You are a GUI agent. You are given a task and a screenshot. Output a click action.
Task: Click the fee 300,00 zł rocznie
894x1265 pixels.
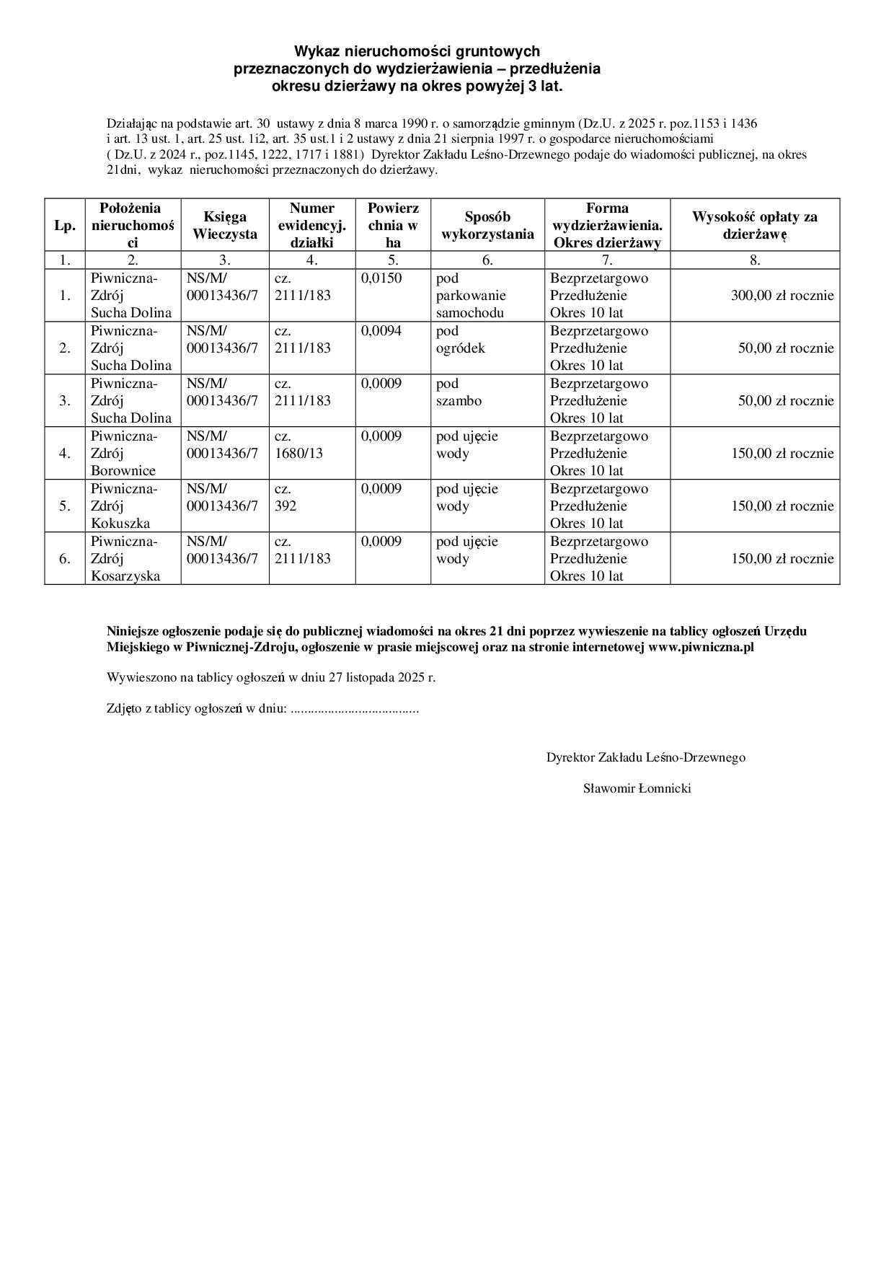tap(782, 296)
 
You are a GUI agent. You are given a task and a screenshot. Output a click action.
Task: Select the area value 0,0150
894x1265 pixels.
tap(381, 278)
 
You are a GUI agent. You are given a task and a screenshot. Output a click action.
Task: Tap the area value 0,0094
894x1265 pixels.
tap(381, 331)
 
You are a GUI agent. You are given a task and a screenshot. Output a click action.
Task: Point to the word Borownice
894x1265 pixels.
tap(123, 471)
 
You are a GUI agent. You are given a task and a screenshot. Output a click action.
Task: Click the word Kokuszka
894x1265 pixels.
tap(120, 524)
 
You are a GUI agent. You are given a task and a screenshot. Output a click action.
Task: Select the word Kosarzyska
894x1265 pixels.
tap(125, 576)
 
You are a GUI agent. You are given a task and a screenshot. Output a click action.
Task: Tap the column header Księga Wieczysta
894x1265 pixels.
tap(225, 225)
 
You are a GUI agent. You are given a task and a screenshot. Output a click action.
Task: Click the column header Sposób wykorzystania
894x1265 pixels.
tap(487, 225)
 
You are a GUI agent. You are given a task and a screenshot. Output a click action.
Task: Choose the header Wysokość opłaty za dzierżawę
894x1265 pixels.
tap(755, 225)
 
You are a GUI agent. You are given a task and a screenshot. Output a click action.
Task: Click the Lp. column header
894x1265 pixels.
tap(65, 226)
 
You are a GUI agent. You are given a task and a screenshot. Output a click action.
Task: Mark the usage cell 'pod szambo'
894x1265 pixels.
tap(459, 392)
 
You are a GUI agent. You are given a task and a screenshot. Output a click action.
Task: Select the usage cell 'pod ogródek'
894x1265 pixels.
tap(461, 340)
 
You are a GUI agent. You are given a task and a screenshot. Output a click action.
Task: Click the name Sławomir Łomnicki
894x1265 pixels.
tap(637, 788)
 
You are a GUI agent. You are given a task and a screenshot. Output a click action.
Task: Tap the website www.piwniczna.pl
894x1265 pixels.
tap(701, 647)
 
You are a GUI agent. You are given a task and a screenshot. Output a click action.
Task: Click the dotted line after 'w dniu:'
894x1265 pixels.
tap(354, 709)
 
